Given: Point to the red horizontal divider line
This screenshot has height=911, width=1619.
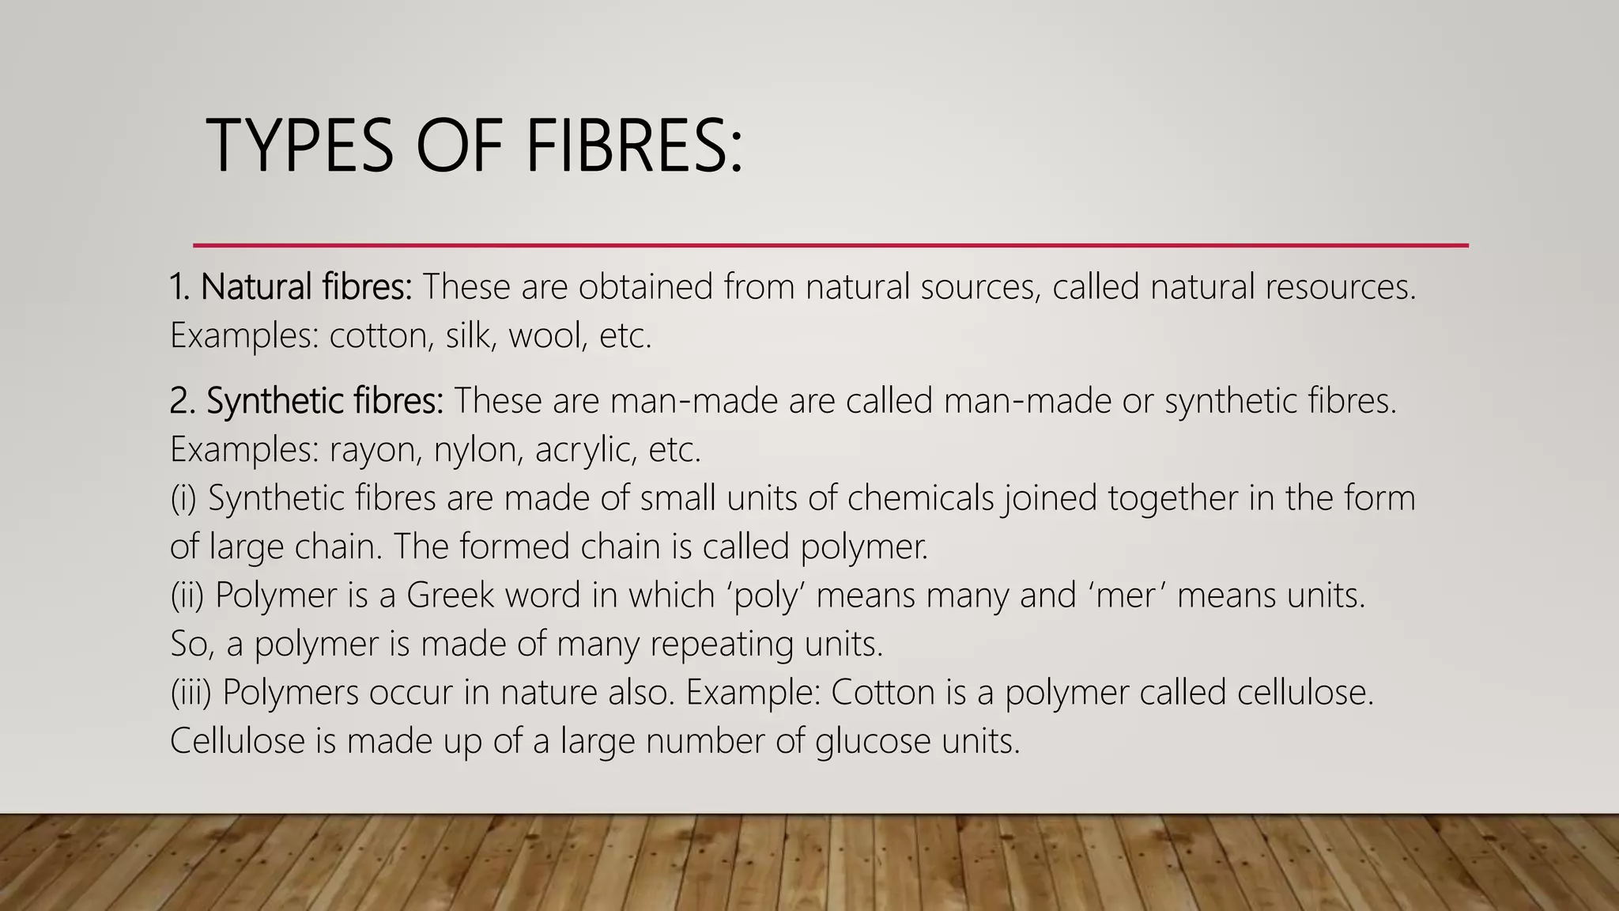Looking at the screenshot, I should click(x=830, y=245).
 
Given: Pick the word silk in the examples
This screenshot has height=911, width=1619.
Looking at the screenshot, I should click(x=467, y=335).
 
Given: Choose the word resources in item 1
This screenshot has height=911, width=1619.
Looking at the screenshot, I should click(x=1340, y=286).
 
